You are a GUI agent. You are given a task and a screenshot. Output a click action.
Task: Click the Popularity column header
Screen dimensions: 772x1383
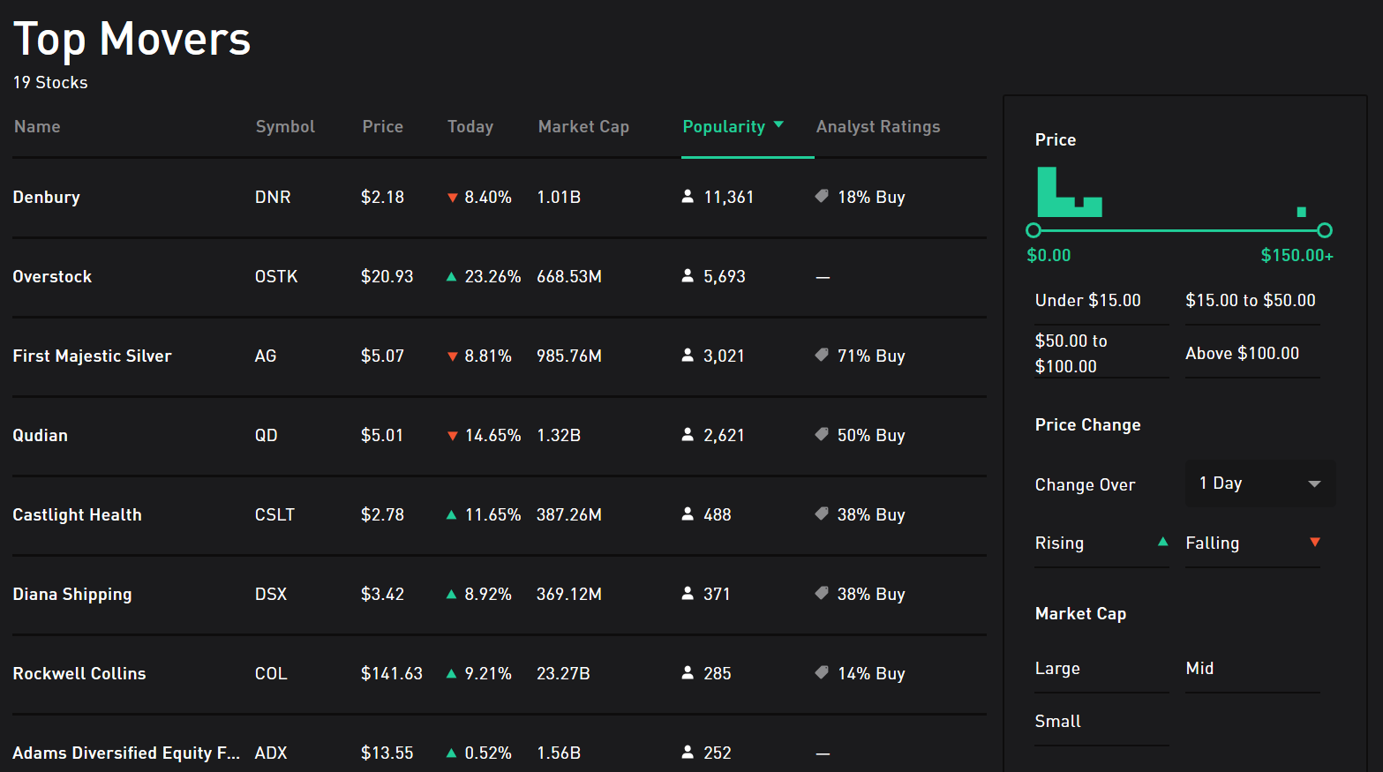tap(725, 127)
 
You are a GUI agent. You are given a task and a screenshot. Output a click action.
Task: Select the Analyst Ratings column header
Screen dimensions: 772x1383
tap(877, 127)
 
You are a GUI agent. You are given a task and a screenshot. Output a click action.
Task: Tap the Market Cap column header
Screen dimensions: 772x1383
tap(583, 127)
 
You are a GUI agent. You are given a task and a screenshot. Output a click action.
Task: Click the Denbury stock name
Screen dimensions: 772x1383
tap(47, 198)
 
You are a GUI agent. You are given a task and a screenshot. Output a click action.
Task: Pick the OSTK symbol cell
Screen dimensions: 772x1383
tap(276, 277)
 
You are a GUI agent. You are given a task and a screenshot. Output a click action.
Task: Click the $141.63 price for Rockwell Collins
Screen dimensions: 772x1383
tap(391, 674)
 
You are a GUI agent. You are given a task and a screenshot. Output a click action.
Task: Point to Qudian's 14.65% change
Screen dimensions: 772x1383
tap(492, 436)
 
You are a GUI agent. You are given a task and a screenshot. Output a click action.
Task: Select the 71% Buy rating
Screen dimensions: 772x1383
tap(870, 356)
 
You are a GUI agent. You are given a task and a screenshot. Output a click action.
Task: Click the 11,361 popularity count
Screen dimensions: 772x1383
tap(728, 198)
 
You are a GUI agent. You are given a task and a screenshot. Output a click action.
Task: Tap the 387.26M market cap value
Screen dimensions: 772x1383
tap(568, 515)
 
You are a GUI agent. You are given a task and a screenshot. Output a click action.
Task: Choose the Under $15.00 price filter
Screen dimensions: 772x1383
tap(1087, 301)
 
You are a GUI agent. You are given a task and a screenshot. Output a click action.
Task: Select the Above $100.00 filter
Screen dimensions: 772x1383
tap(1242, 354)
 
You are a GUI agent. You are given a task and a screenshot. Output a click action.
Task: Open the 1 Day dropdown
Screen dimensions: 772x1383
tap(1259, 483)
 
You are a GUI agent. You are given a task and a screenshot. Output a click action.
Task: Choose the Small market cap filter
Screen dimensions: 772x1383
tap(1057, 722)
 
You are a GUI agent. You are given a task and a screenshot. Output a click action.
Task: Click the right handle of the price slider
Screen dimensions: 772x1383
tap(1324, 230)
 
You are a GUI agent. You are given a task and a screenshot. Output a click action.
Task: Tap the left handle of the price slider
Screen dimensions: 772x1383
tap(1033, 230)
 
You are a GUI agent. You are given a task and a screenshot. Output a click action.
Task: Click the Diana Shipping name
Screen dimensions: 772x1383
tap(72, 595)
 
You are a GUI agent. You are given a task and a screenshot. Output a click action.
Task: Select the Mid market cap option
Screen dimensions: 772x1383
tap(1199, 669)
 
